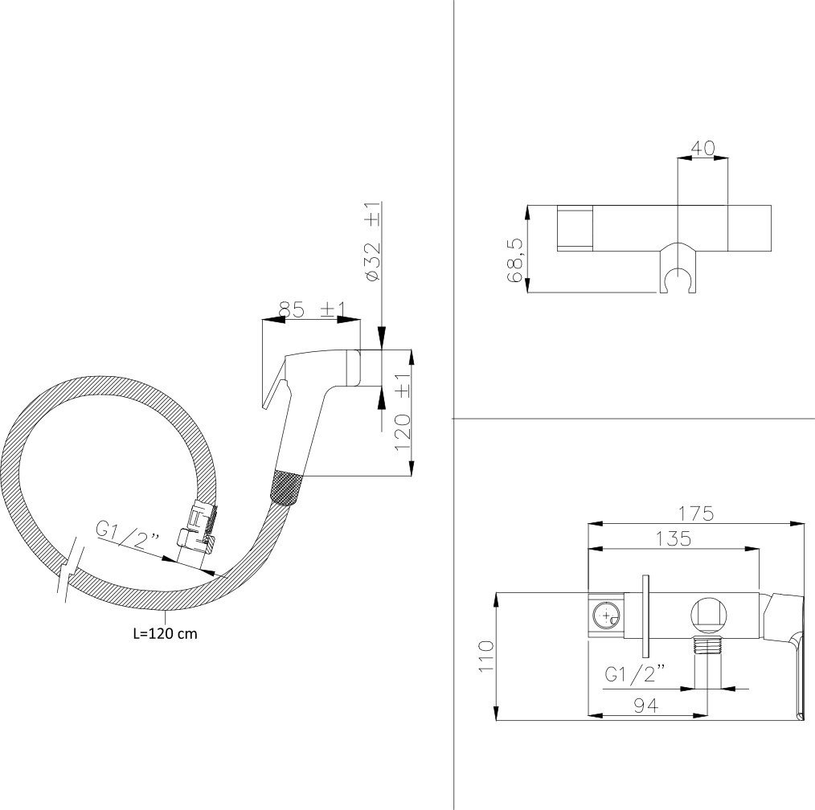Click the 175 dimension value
point(697,513)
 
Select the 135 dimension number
point(673,538)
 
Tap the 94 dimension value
point(646,705)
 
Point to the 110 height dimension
point(486,657)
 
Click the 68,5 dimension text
point(515,260)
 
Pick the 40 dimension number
point(702,148)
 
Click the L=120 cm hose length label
point(166,633)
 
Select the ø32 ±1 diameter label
point(373,242)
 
